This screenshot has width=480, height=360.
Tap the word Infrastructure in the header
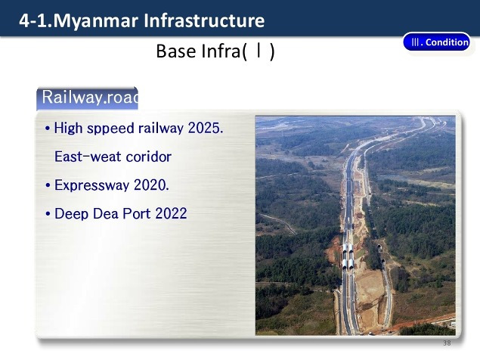pos(204,20)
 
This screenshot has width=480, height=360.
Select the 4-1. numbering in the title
pos(36,21)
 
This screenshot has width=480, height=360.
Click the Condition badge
pos(437,42)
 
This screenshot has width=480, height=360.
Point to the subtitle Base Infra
pos(215,51)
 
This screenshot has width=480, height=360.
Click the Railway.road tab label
pos(88,98)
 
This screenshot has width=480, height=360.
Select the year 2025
pos(206,128)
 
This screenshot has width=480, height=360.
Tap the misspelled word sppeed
pos(110,129)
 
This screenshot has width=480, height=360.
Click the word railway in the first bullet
pos(161,128)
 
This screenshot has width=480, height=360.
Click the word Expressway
pos(91,185)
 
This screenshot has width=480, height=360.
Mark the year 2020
pos(151,185)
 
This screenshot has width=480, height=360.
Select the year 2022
pos(171,213)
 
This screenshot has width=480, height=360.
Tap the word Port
pos(137,213)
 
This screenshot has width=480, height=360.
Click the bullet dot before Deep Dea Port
pos(48,213)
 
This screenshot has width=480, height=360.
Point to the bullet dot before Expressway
pos(48,185)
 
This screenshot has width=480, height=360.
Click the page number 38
pos(447,343)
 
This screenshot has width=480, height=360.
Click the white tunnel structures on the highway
pos(348,256)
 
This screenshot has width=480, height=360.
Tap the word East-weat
pos(88,157)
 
